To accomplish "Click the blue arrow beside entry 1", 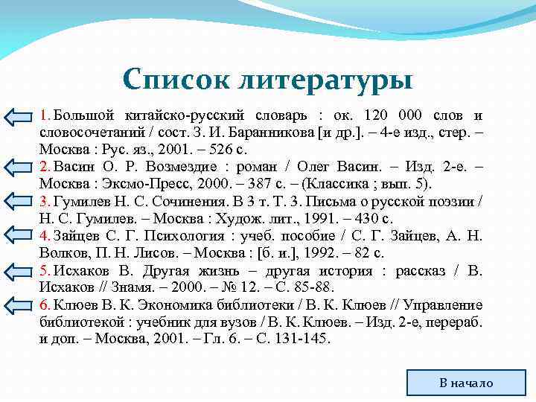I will pyautogui.click(x=19, y=117).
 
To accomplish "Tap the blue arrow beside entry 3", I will pyautogui.click(x=19, y=202).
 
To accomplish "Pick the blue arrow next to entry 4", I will pyautogui.click(x=19, y=236).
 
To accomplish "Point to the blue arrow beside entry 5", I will pyautogui.click(x=19, y=270).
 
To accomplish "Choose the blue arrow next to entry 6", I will pyautogui.click(x=19, y=304).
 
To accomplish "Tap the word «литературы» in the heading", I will pyautogui.click(x=322, y=78).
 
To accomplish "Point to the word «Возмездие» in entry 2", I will pyautogui.click(x=183, y=167).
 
